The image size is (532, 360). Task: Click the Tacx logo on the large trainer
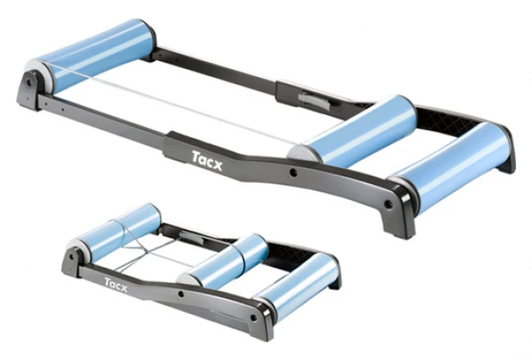[x=207, y=160]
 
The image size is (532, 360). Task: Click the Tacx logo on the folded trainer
[x=116, y=285]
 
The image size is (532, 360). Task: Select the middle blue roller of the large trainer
[x=356, y=133]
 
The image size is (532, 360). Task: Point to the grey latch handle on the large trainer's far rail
[x=314, y=100]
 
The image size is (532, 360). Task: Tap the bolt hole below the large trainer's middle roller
[x=293, y=173]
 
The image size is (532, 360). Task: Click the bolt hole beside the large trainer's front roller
[x=388, y=204]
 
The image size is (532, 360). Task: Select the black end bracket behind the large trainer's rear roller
[x=29, y=89]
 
